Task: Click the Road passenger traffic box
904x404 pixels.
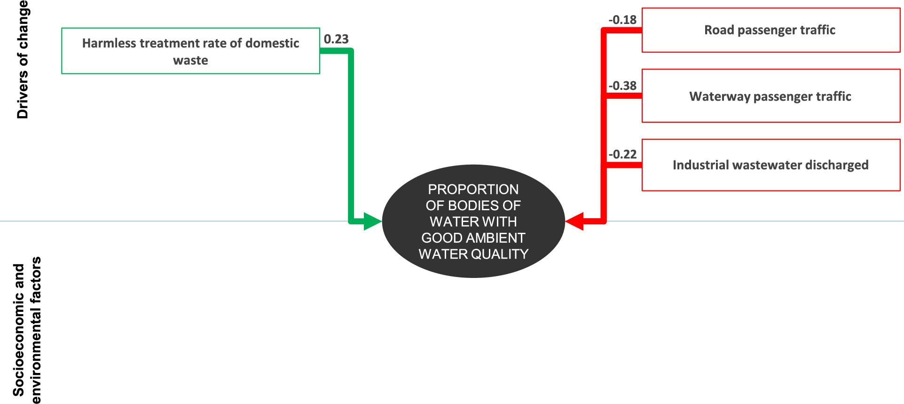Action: pyautogui.click(x=770, y=30)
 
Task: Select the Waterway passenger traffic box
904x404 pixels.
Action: pyautogui.click(x=770, y=96)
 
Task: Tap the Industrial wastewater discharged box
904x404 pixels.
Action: pyautogui.click(x=770, y=165)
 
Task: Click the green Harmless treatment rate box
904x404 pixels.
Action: pyautogui.click(x=190, y=51)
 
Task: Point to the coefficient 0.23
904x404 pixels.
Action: pyautogui.click(x=336, y=39)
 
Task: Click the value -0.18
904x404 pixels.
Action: pyautogui.click(x=622, y=20)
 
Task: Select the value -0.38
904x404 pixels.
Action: pyautogui.click(x=622, y=86)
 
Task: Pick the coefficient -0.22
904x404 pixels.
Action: pyautogui.click(x=622, y=154)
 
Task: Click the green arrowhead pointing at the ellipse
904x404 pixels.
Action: pyautogui.click(x=373, y=222)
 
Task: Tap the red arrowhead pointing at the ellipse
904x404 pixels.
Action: pyautogui.click(x=574, y=221)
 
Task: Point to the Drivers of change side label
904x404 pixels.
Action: pyautogui.click(x=23, y=60)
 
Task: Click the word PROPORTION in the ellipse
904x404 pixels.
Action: pyautogui.click(x=473, y=190)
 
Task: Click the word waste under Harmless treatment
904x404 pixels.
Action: pyautogui.click(x=190, y=60)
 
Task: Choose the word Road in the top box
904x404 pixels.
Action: pyautogui.click(x=719, y=30)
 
